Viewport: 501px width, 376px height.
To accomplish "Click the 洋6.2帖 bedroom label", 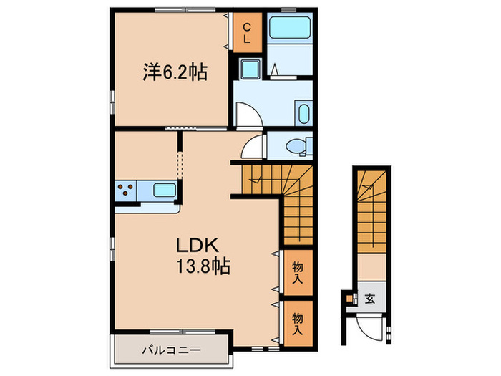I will pos(175,72).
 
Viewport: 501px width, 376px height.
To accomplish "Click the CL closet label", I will pos(246,34).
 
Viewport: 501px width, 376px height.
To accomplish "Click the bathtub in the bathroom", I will pos(290,29).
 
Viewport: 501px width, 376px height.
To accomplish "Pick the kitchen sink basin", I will pos(165,191).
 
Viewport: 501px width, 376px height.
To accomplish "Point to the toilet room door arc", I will pos(252,148).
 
